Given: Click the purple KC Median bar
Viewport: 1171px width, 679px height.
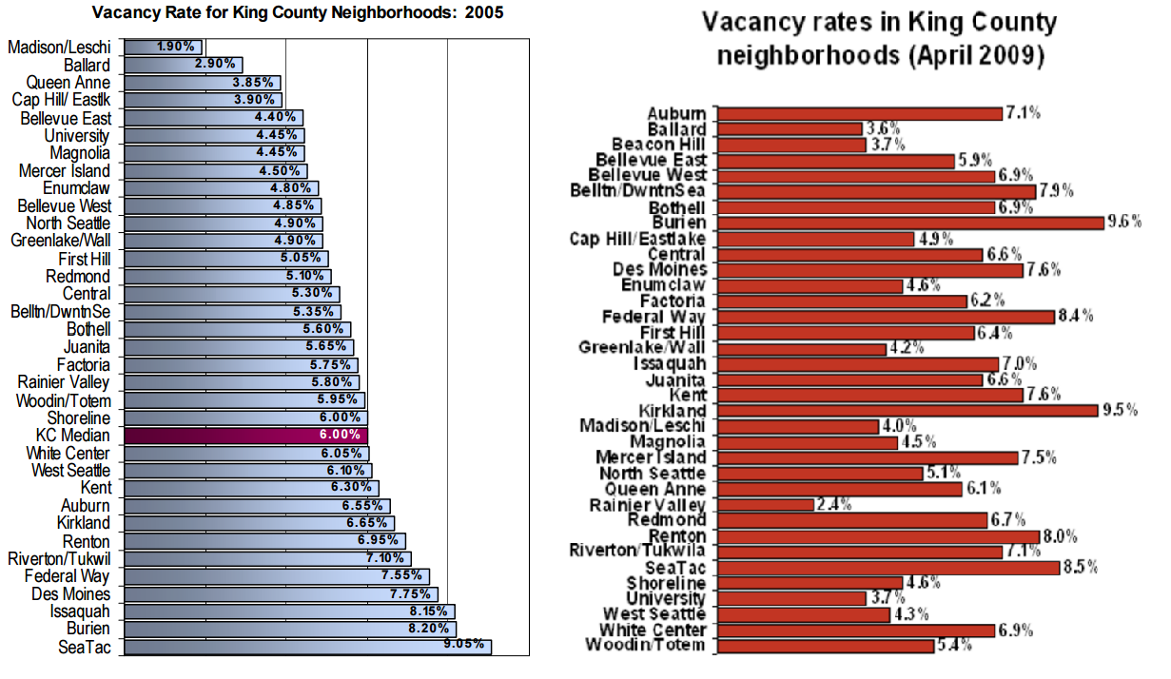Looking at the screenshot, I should pos(245,436).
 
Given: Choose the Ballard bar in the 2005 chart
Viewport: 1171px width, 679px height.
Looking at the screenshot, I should pos(183,65).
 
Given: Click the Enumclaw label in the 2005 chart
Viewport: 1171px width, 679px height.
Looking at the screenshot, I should pos(77,188).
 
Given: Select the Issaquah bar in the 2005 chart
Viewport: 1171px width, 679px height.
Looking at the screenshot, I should pos(289,611).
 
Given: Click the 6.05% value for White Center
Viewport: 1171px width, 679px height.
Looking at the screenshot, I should pos(343,454).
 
